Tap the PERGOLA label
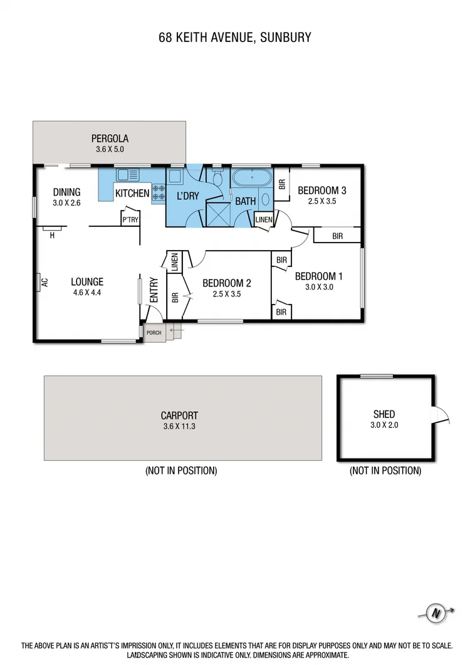pyautogui.click(x=110, y=139)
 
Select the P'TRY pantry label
pyautogui.click(x=130, y=219)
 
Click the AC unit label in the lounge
pyautogui.click(x=44, y=283)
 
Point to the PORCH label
pyautogui.click(x=154, y=332)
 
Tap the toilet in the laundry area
pyautogui.click(x=217, y=179)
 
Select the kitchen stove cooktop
pyautogui.click(x=158, y=193)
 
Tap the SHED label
pyautogui.click(x=384, y=414)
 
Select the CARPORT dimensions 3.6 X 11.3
pyautogui.click(x=179, y=426)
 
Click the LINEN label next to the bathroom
pyautogui.click(x=264, y=219)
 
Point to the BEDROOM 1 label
pyautogui.click(x=319, y=276)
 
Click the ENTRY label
pyautogui.click(x=154, y=290)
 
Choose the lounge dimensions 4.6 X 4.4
pyautogui.click(x=86, y=292)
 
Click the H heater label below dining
pyautogui.click(x=53, y=236)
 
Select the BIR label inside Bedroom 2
pyautogui.click(x=175, y=297)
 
